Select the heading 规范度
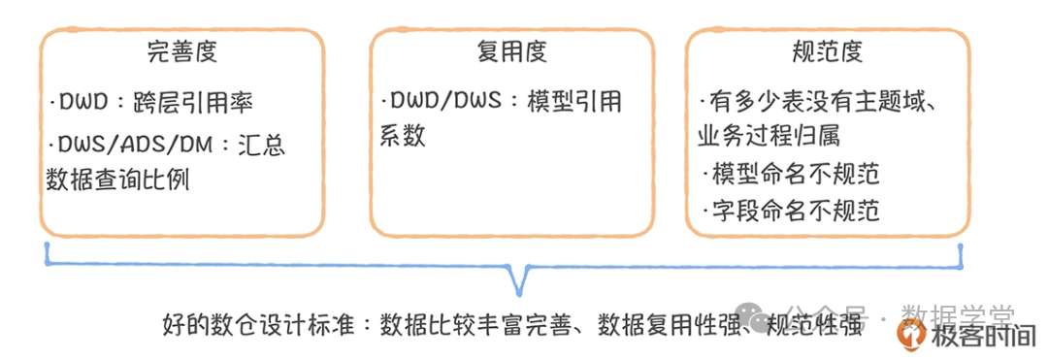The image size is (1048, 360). [827, 50]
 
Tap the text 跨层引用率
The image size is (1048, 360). [206, 101]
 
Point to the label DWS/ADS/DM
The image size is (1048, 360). [132, 145]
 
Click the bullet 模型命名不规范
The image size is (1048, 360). [795, 175]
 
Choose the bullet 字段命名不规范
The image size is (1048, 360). [795, 210]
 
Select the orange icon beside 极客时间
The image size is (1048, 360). [909, 334]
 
